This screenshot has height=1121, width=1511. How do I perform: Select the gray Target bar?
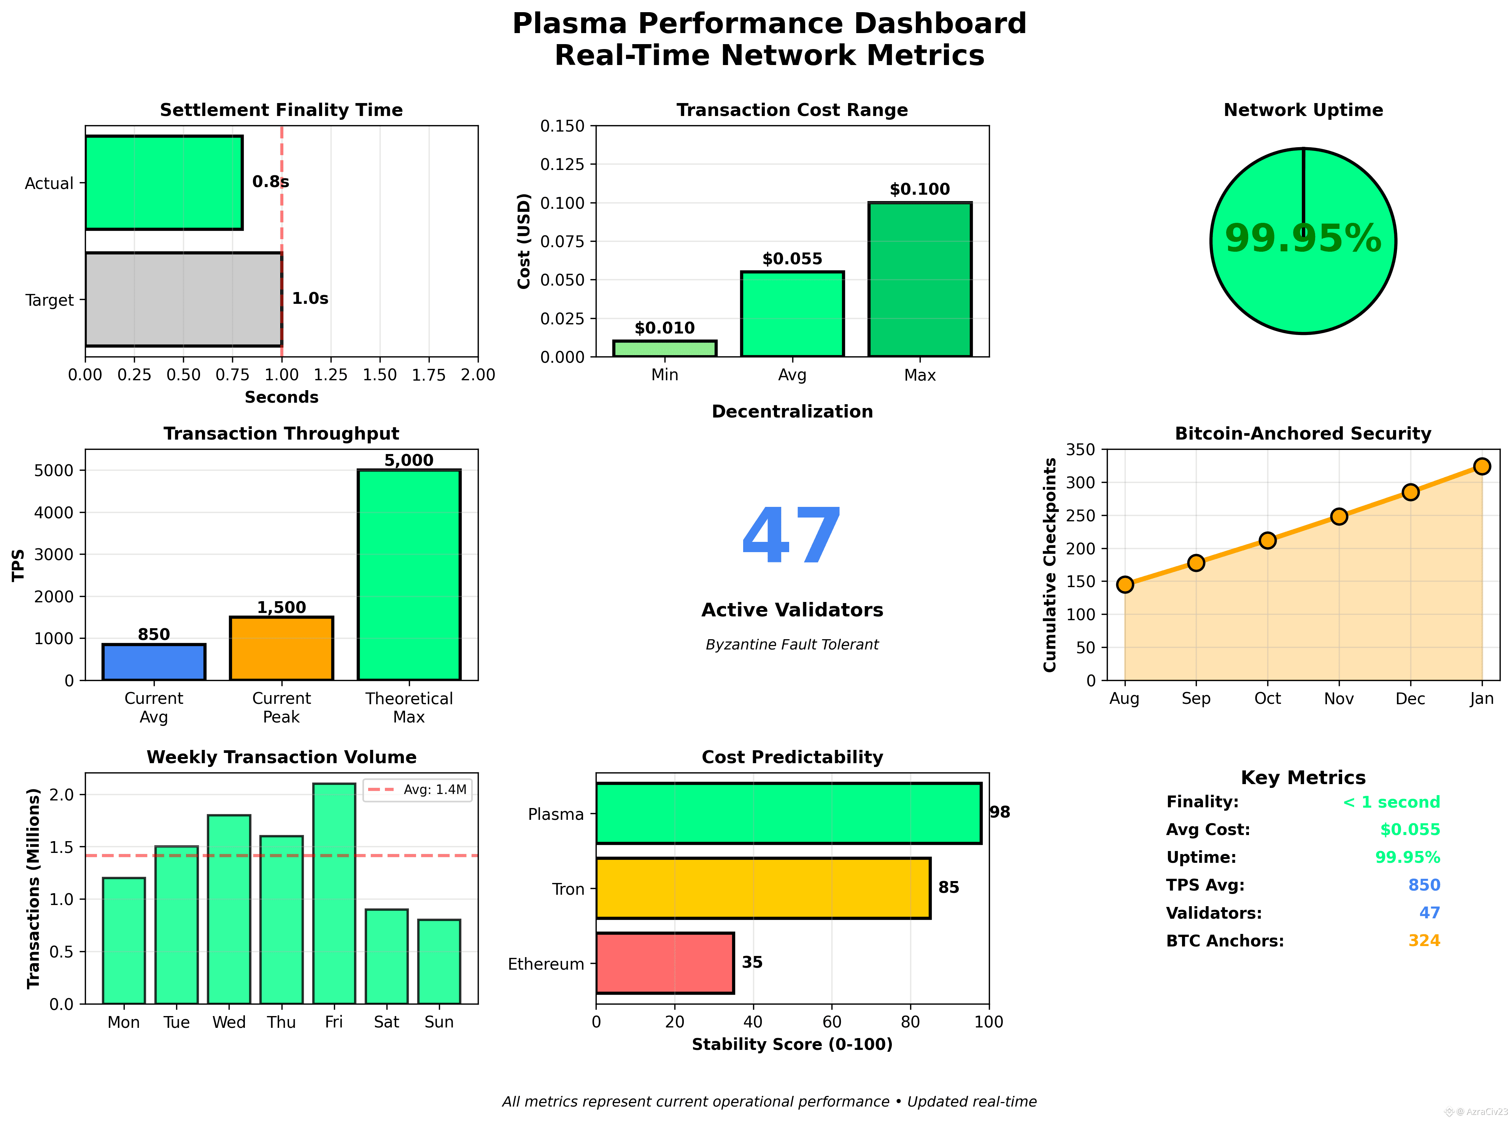click(x=183, y=299)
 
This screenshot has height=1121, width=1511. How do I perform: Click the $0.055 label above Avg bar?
click(x=792, y=259)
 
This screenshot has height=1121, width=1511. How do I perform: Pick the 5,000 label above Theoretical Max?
click(x=408, y=460)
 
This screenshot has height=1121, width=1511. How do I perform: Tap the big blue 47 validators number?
click(x=792, y=536)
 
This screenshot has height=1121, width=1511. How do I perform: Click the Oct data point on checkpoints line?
click(x=1267, y=540)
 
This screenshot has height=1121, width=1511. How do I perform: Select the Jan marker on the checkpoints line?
click(x=1482, y=466)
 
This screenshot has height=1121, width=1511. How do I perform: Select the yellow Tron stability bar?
click(x=763, y=888)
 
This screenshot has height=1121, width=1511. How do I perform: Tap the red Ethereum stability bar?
click(x=664, y=963)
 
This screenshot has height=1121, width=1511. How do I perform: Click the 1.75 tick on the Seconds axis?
click(x=428, y=375)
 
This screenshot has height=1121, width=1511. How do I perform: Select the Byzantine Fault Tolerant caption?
click(x=792, y=644)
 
